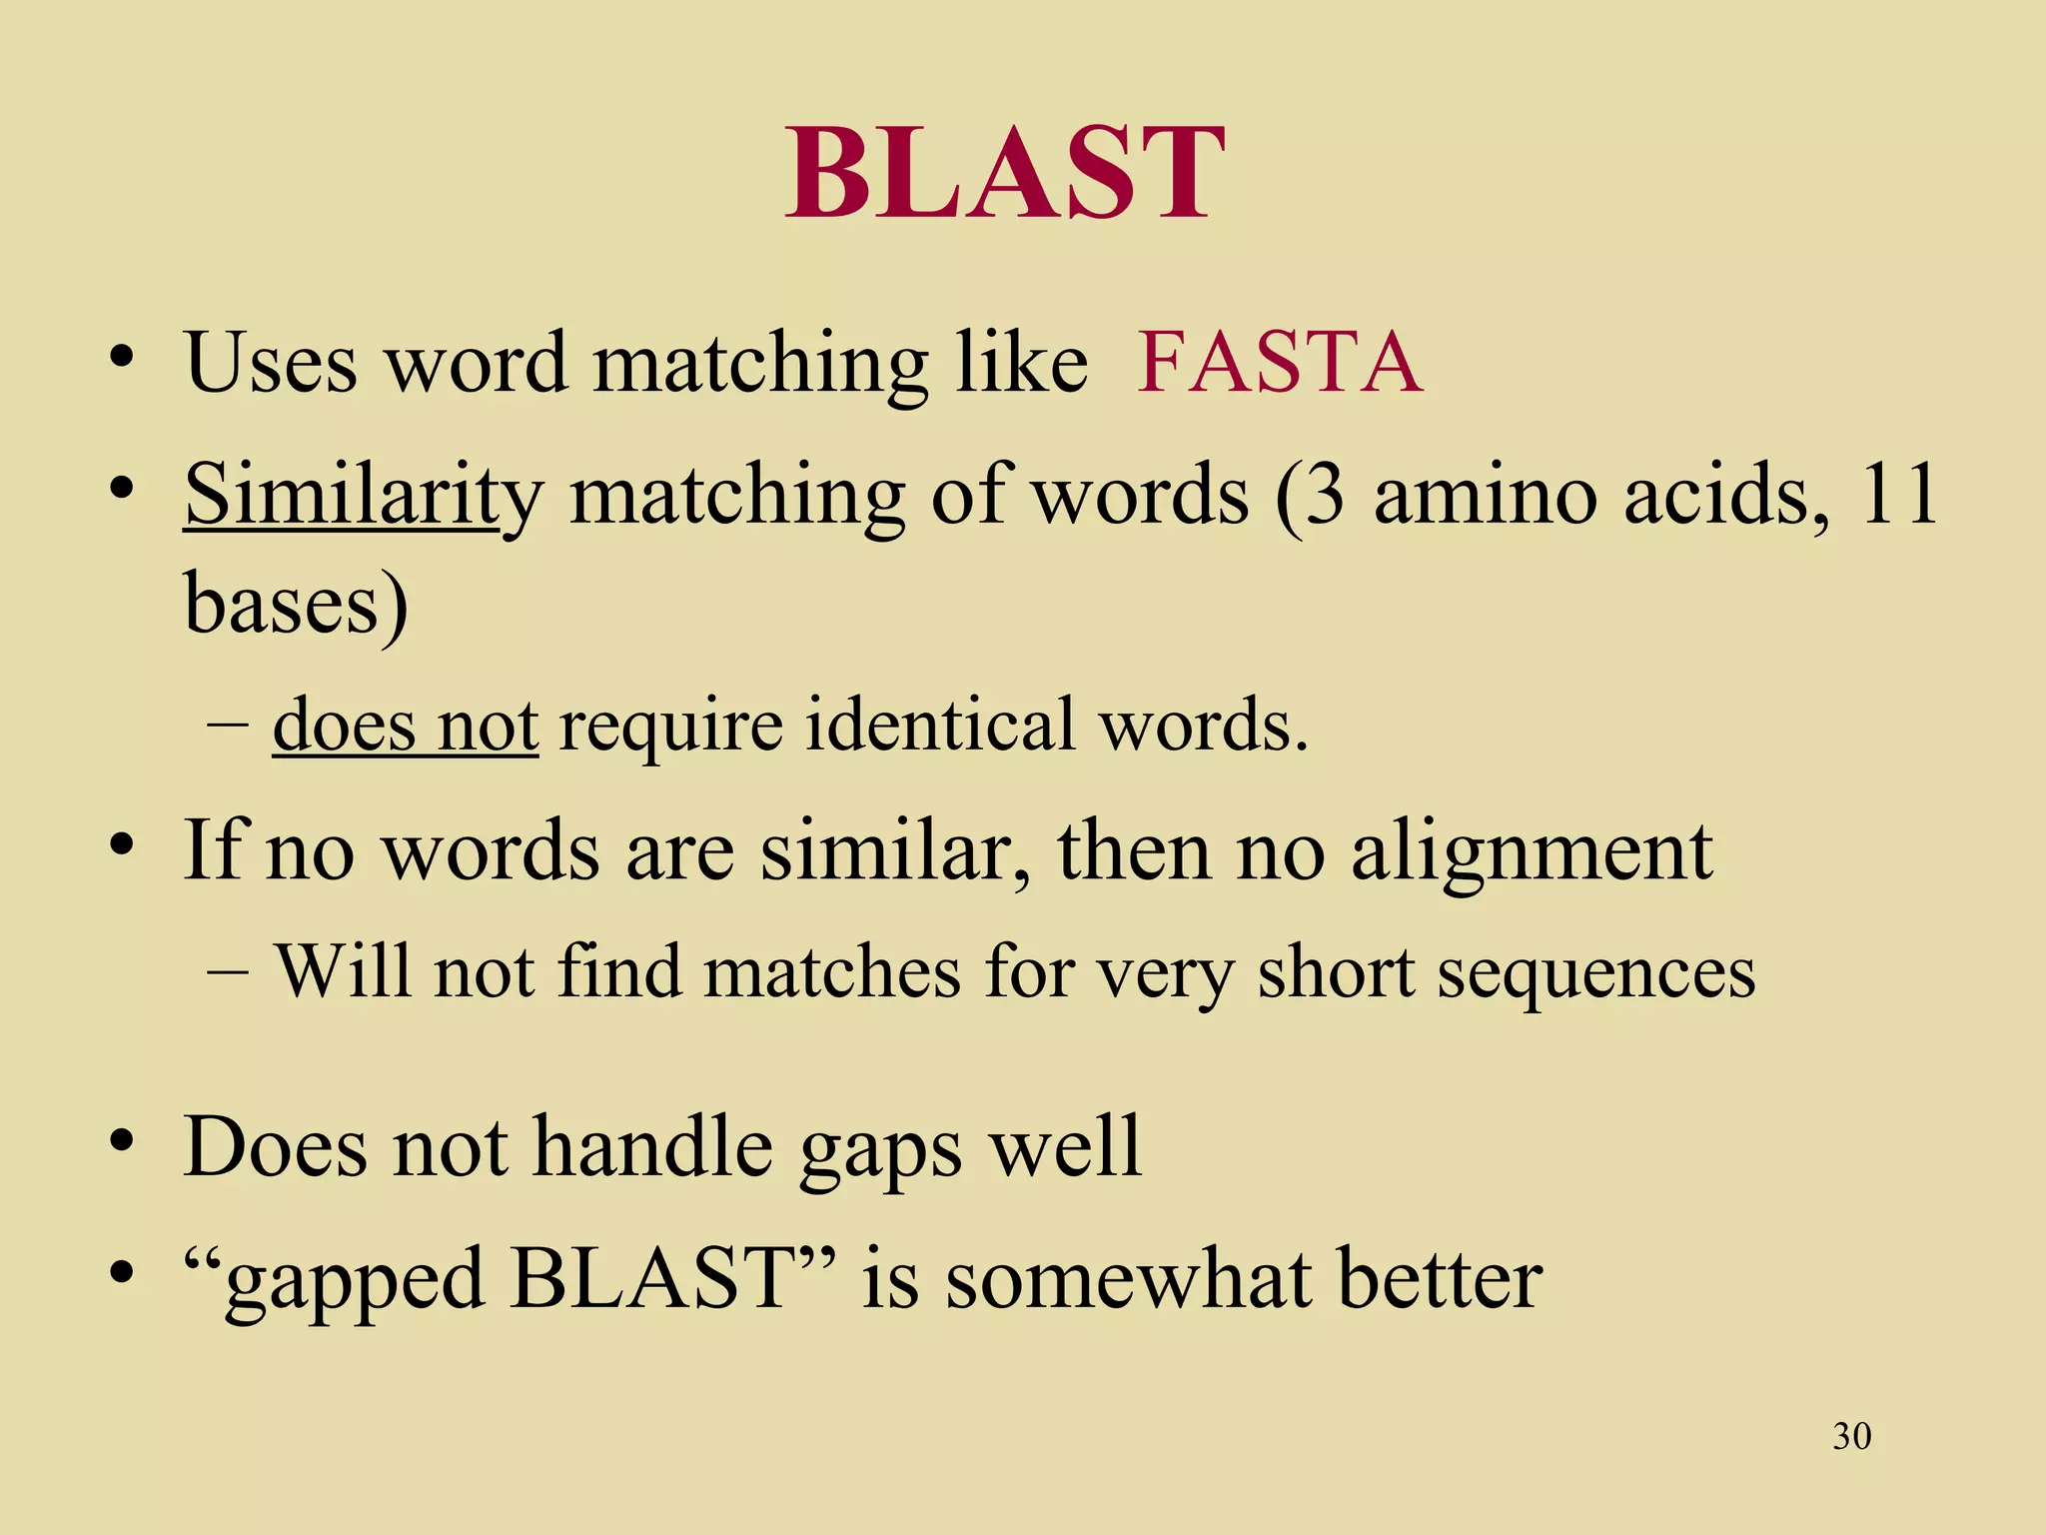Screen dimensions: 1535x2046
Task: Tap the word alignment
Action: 1532,851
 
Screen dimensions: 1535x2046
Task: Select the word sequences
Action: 1595,972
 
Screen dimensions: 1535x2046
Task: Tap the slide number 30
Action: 1851,1436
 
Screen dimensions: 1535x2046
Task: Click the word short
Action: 1336,972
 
